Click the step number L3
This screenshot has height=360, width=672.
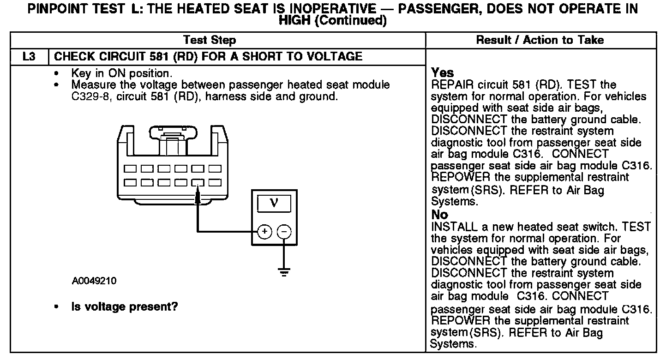point(29,57)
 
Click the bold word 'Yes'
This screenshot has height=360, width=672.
point(443,73)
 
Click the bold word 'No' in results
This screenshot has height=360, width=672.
point(439,215)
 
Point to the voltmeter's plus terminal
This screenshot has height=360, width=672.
point(264,232)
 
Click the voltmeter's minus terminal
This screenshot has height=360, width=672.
point(284,232)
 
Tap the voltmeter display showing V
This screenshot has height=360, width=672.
point(274,203)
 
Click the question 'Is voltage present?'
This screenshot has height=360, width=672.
point(125,307)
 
